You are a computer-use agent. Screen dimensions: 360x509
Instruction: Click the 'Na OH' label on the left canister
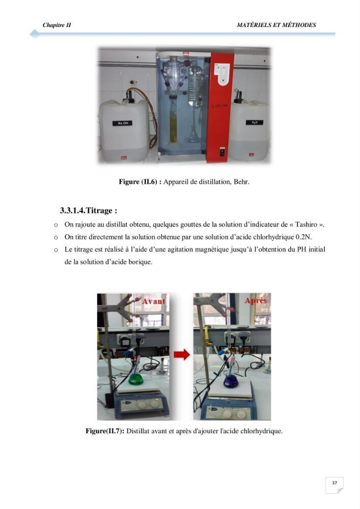pos(122,123)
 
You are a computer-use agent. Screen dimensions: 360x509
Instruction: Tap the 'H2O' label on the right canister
pos(255,122)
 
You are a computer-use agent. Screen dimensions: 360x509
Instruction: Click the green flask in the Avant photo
pos(136,379)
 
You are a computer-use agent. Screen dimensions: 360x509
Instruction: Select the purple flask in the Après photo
pos(231,381)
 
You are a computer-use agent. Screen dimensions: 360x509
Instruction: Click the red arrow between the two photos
pos(182,354)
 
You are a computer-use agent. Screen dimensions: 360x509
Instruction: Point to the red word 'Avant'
pos(154,301)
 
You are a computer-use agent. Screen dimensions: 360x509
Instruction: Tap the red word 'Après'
pos(256,301)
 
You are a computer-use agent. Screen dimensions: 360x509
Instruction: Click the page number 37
pos(335,483)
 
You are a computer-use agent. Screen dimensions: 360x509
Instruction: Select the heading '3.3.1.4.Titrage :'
pos(88,210)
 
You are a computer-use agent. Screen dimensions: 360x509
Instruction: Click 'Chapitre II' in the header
pos(57,25)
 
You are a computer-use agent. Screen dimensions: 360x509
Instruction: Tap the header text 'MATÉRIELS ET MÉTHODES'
pos(276,25)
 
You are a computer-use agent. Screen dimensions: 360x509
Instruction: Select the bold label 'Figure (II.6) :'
pos(140,182)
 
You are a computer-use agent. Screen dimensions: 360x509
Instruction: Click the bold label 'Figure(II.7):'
pos(105,431)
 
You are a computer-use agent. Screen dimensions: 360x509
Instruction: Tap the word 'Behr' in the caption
pos(241,182)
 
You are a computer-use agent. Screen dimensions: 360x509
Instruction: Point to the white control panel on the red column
pos(222,74)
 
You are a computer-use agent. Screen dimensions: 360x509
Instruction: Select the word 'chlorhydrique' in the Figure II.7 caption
pos(261,431)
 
